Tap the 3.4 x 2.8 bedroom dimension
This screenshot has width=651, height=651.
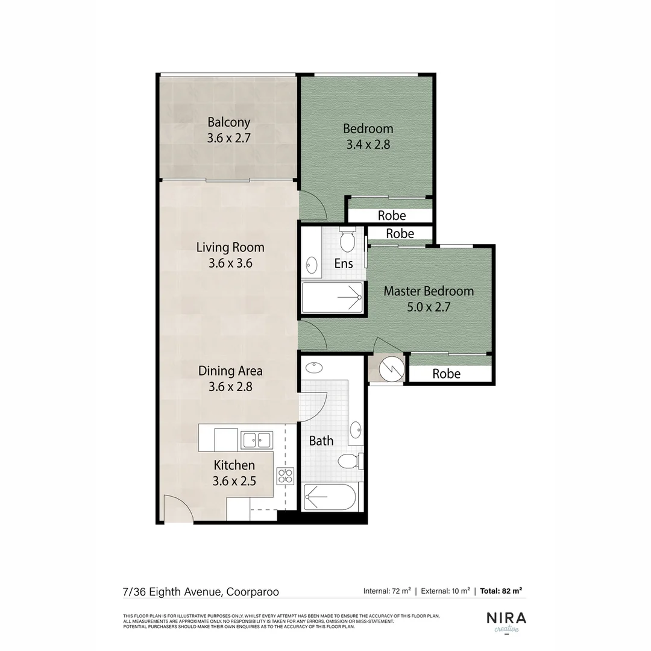pyautogui.click(x=368, y=145)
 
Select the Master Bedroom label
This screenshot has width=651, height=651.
pyautogui.click(x=429, y=291)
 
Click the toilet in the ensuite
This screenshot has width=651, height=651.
pyautogui.click(x=347, y=241)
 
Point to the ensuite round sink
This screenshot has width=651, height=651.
pyautogui.click(x=312, y=264)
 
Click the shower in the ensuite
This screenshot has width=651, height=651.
pyautogui.click(x=332, y=298)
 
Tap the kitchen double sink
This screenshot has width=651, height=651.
pyautogui.click(x=257, y=439)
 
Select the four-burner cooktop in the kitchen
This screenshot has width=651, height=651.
pyautogui.click(x=285, y=475)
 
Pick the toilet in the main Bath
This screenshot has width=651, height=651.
pyautogui.click(x=349, y=462)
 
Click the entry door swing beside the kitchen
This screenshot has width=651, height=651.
pyautogui.click(x=178, y=510)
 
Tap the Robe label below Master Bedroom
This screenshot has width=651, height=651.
pyautogui.click(x=447, y=374)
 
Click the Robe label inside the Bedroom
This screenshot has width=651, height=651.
pyautogui.click(x=392, y=215)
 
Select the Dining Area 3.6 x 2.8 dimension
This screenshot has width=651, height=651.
pyautogui.click(x=230, y=387)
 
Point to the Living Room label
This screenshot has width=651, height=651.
pyautogui.click(x=230, y=247)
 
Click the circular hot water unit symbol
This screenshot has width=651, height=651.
pyautogui.click(x=387, y=369)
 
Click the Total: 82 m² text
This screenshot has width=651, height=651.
pyautogui.click(x=501, y=591)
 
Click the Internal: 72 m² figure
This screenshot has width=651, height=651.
pyautogui.click(x=387, y=591)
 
